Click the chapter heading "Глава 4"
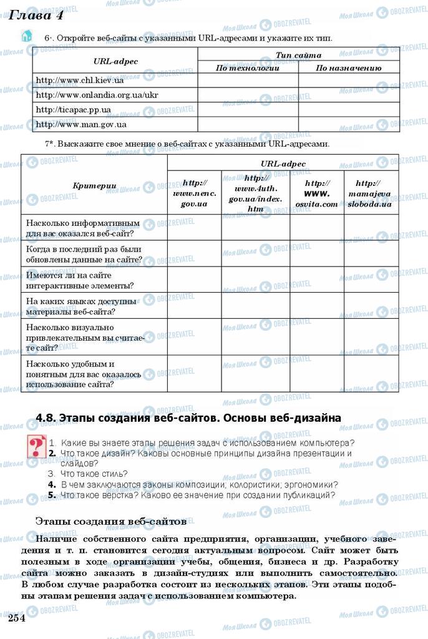[x=37, y=15]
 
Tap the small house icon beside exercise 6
[x=26, y=36]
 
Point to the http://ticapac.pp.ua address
[x=74, y=110]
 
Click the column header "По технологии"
[x=248, y=68]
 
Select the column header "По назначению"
[x=348, y=68]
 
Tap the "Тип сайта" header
[x=298, y=56]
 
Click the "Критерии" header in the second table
[x=94, y=185]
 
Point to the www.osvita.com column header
[x=316, y=193]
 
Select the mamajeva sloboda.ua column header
[x=370, y=193]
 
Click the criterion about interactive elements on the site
[x=79, y=280]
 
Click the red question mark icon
[x=34, y=448]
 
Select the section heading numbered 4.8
[x=188, y=418]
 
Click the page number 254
[x=16, y=618]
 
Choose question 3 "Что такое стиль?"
[x=93, y=474]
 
